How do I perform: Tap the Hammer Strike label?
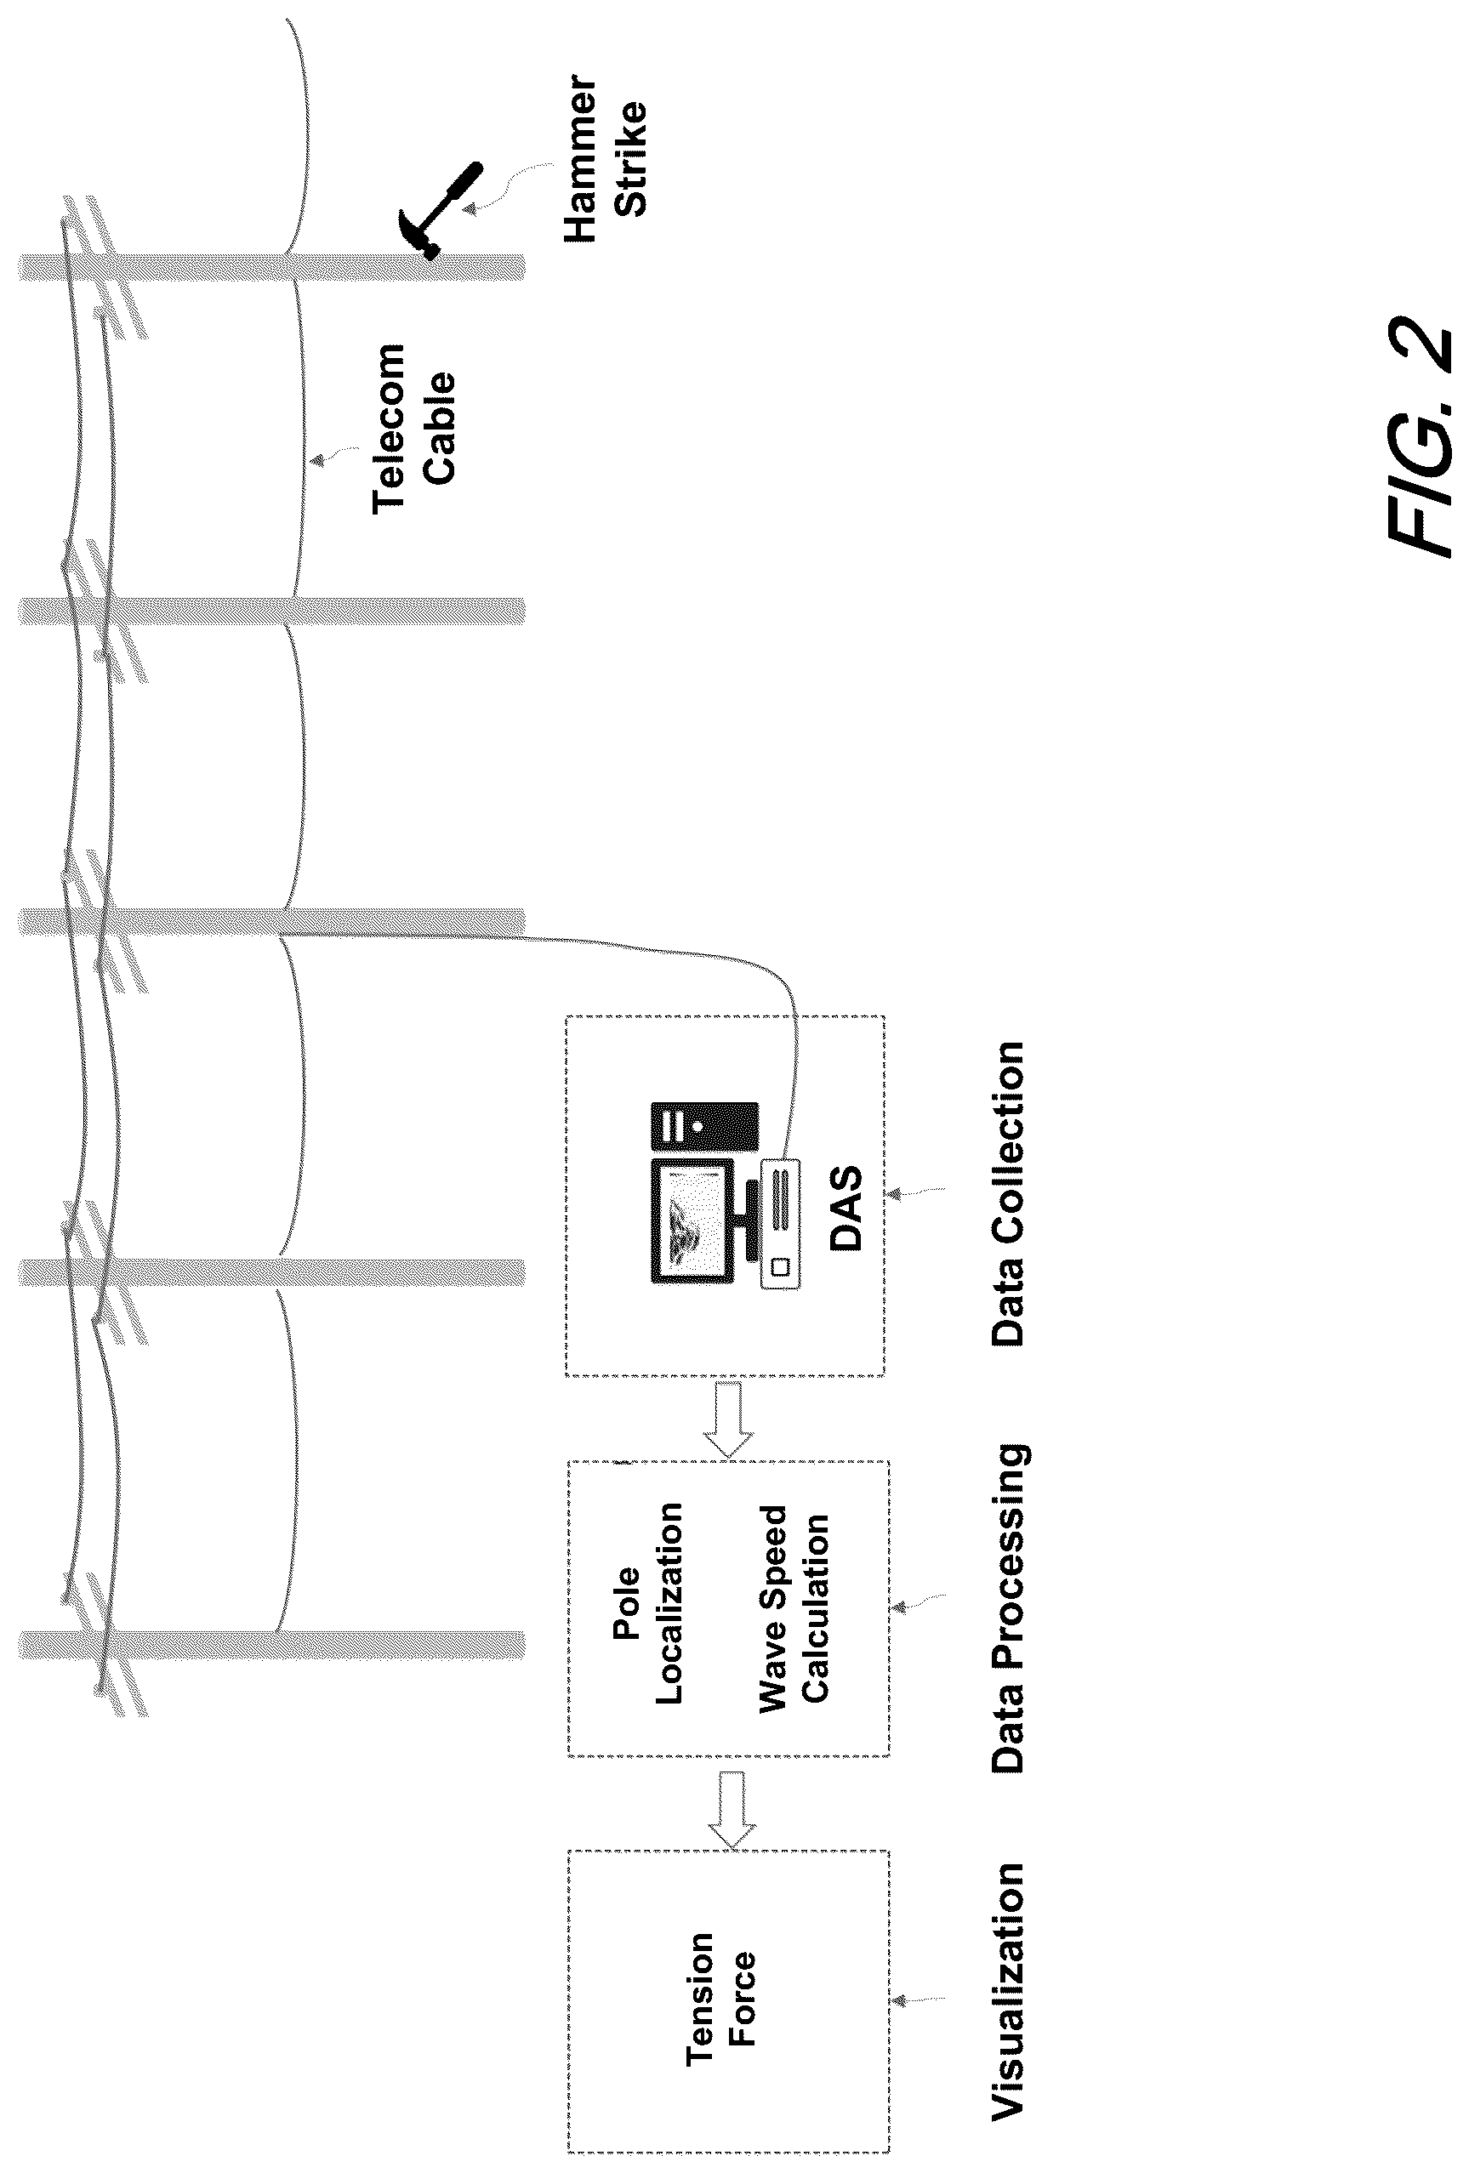coord(605,160)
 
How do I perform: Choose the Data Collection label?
coord(1009,1194)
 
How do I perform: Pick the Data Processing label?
coord(1010,1608)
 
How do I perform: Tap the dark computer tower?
coord(704,1127)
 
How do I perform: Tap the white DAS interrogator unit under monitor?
coord(781,1225)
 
